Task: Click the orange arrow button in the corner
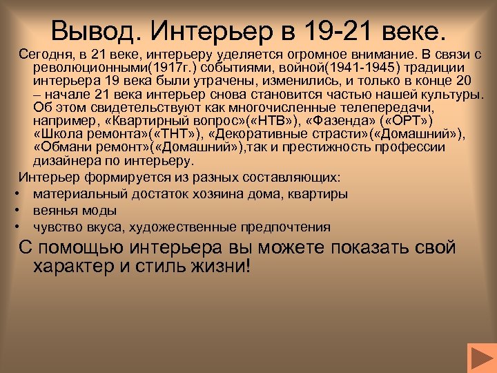[x=480, y=358]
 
